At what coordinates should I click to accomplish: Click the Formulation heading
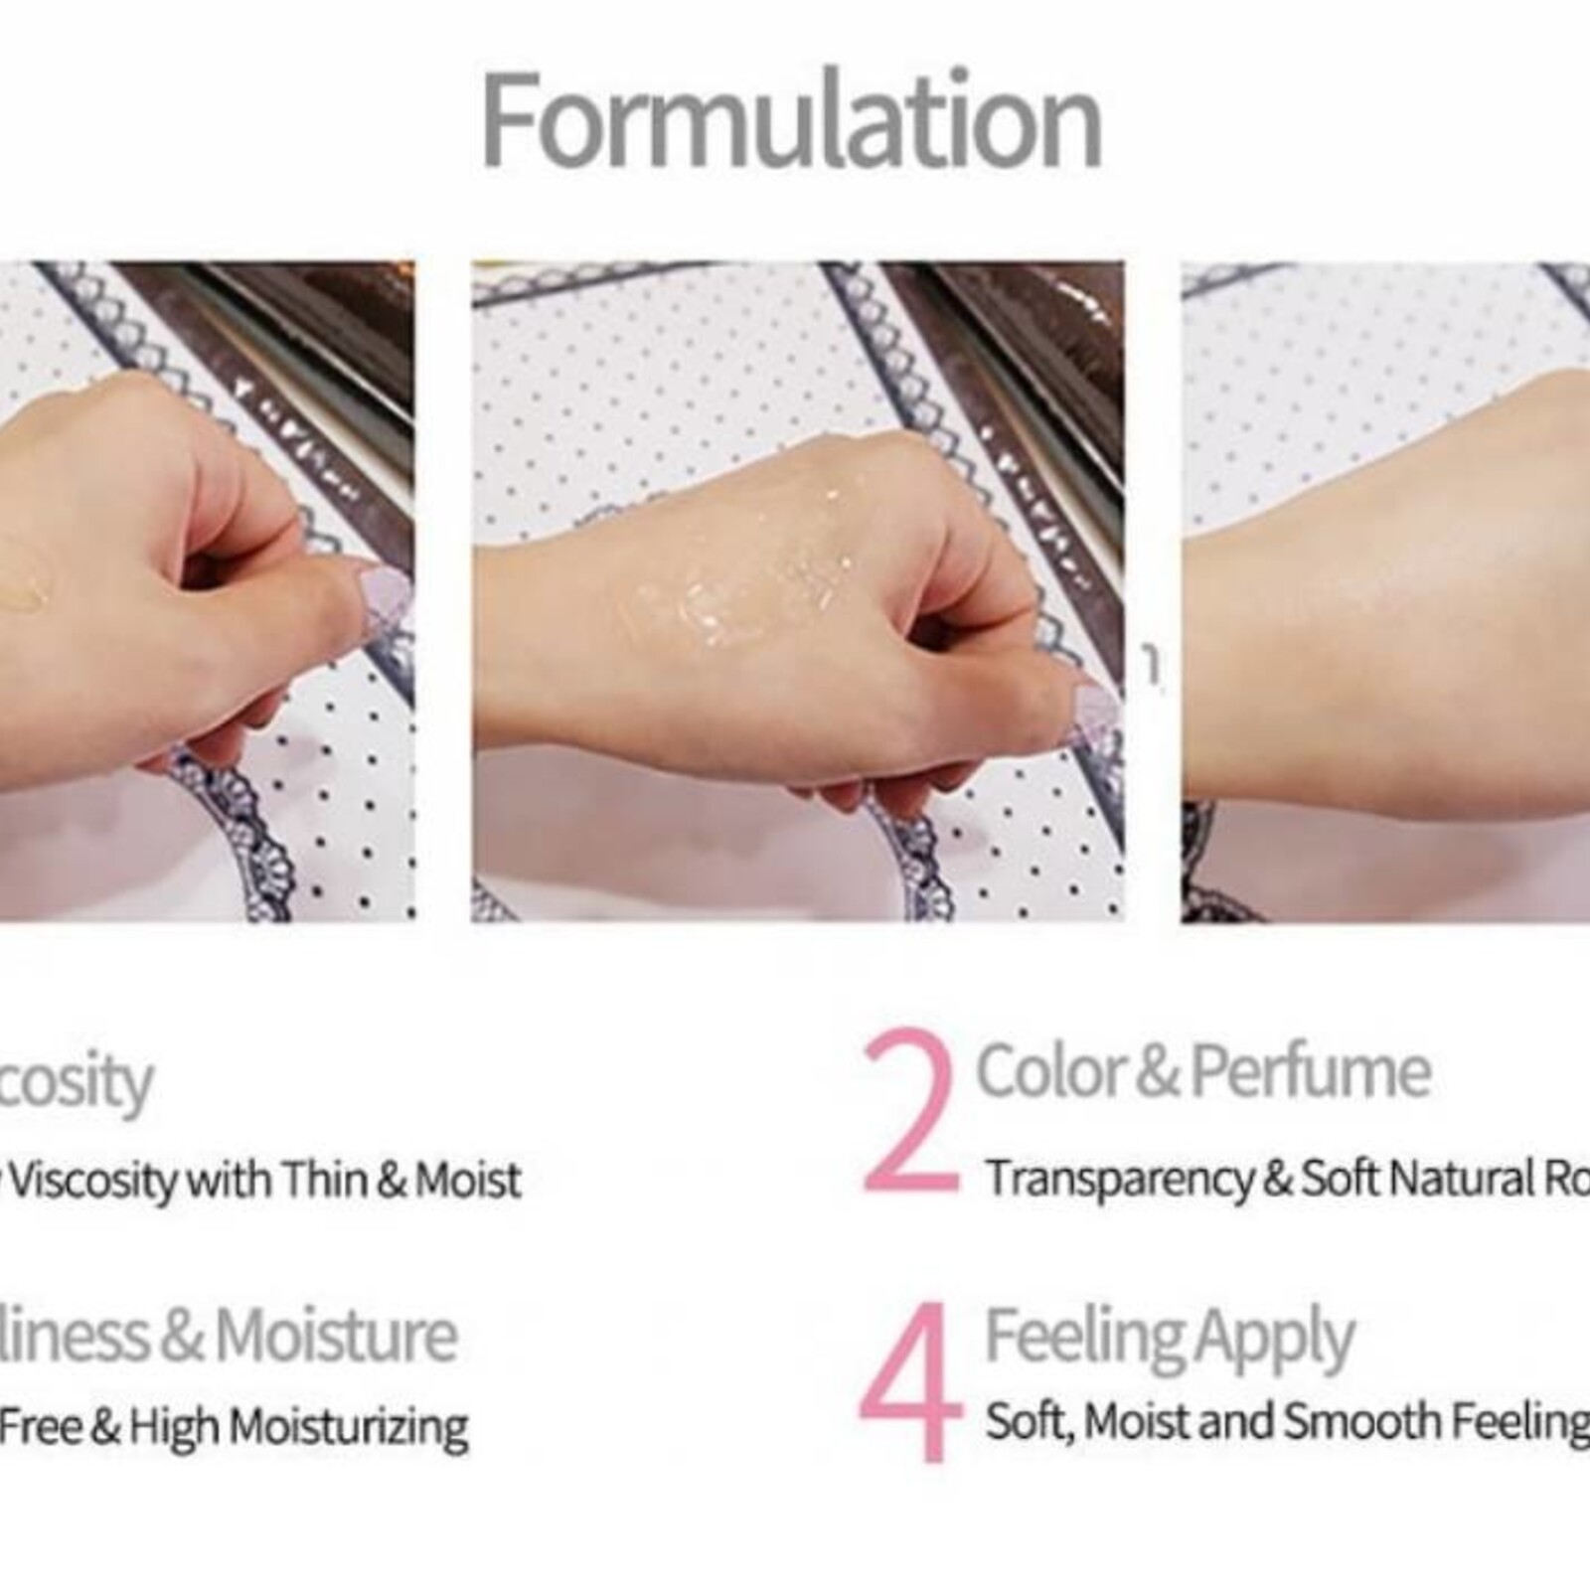click(x=792, y=121)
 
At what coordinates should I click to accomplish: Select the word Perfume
click(x=1310, y=1071)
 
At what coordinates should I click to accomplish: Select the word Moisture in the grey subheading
click(x=336, y=1336)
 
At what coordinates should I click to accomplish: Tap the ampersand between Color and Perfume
click(x=1156, y=1072)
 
